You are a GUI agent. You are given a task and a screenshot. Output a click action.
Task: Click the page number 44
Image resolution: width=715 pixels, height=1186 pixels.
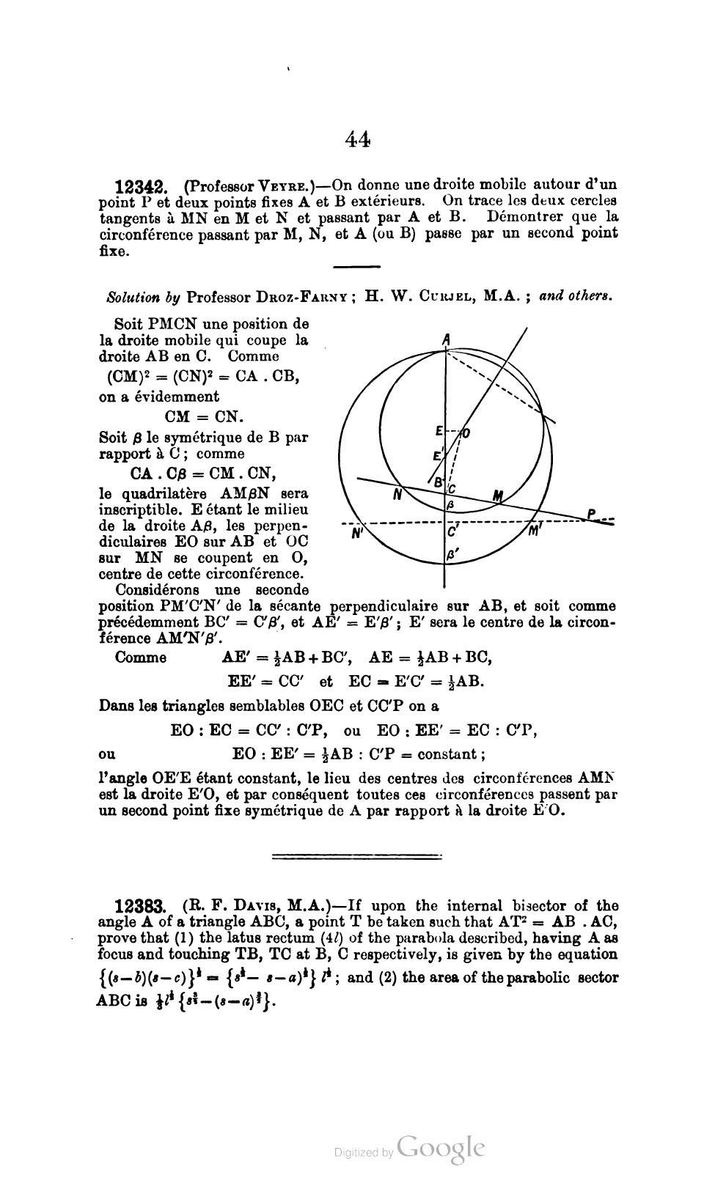[x=356, y=139]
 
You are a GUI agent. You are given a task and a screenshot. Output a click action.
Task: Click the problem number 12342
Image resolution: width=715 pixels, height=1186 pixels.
[x=143, y=186]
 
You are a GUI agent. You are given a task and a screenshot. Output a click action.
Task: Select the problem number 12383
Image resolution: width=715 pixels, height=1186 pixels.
[x=144, y=907]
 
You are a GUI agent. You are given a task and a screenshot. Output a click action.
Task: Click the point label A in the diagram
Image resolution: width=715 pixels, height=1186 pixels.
[x=446, y=339]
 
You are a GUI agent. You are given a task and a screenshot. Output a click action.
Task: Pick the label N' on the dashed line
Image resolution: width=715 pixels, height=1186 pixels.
[x=358, y=533]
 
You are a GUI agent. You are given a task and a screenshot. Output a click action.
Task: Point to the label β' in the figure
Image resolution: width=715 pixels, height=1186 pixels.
[x=452, y=556]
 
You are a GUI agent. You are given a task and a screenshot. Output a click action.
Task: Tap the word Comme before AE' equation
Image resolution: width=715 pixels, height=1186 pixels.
[x=141, y=657]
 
